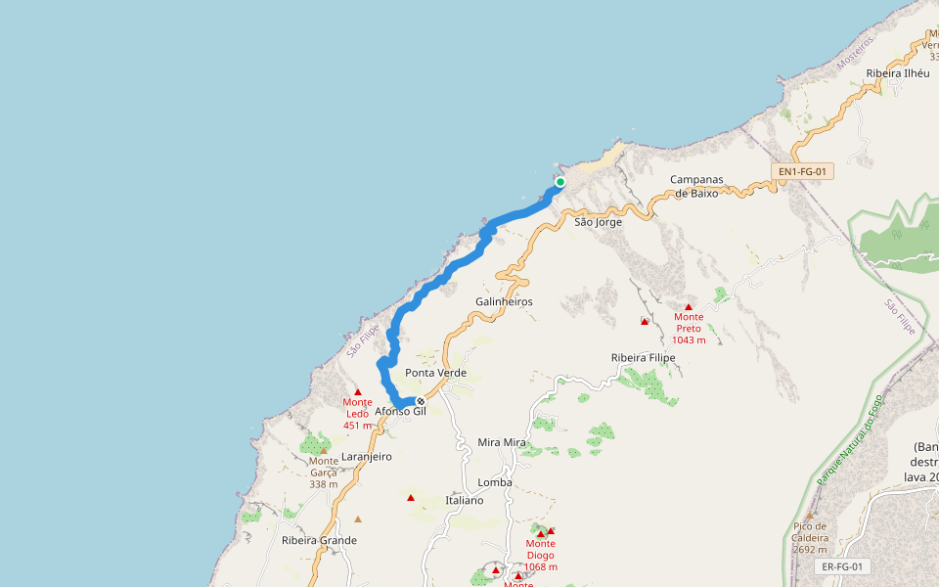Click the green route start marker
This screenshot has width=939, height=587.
tap(560, 182)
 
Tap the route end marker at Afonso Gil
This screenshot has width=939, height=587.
tap(421, 401)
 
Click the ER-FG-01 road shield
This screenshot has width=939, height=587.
tap(841, 566)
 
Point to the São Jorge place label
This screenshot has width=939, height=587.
tap(598, 222)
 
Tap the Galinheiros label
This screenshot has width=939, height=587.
tap(504, 301)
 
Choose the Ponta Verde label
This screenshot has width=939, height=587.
tap(435, 373)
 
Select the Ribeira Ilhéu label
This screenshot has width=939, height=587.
tap(898, 72)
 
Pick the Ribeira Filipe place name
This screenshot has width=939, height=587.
tap(643, 358)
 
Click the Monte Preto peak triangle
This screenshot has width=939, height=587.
tap(689, 307)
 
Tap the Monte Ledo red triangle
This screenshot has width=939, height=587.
tap(358, 391)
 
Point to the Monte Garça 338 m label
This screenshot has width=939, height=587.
tap(324, 472)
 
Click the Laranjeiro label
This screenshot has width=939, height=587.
tap(367, 456)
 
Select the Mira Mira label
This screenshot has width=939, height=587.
tap(502, 442)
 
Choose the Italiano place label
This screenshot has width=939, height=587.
tap(464, 500)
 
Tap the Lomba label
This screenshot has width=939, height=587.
tap(495, 482)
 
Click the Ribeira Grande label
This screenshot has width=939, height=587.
tap(319, 540)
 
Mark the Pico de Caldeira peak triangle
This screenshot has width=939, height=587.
tap(810, 515)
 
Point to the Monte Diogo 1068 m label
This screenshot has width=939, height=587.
tap(541, 555)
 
